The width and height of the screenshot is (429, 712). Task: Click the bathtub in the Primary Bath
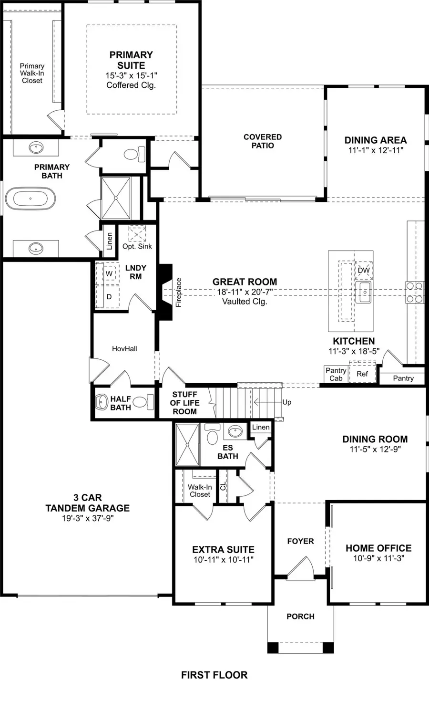click(31, 199)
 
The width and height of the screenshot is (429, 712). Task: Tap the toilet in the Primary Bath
click(134, 154)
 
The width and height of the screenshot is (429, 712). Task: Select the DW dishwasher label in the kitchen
click(364, 270)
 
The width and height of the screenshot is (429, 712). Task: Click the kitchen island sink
click(363, 292)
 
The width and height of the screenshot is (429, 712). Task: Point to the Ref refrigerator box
click(362, 374)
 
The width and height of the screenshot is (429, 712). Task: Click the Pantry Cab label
click(336, 374)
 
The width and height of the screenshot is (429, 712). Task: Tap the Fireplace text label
click(179, 292)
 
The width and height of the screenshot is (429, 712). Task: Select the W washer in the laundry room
click(109, 274)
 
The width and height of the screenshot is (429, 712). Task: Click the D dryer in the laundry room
click(109, 297)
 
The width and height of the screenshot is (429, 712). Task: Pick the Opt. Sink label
click(137, 246)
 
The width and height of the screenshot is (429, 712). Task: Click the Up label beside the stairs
click(286, 402)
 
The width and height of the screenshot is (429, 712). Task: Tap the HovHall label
click(124, 349)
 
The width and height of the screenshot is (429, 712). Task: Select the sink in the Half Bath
click(102, 402)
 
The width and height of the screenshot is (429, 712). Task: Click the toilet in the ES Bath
click(213, 436)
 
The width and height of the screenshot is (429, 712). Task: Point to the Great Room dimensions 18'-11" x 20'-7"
click(245, 292)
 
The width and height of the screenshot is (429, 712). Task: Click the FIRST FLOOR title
click(214, 675)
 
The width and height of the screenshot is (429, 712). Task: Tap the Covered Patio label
click(263, 141)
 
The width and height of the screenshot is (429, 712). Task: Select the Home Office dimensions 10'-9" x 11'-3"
click(378, 558)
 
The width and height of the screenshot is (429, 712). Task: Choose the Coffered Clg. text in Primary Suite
click(131, 85)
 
